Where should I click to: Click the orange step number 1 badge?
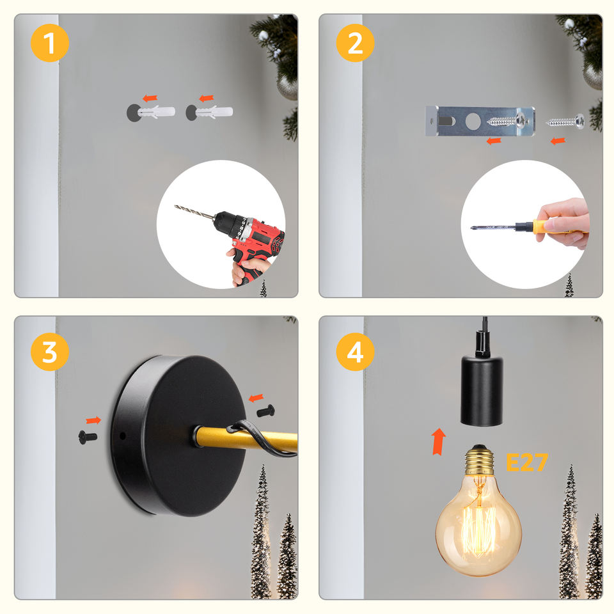[x=50, y=43]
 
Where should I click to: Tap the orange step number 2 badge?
[x=355, y=43]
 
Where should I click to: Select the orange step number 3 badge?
[x=50, y=352]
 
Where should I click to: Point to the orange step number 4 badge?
[x=355, y=352]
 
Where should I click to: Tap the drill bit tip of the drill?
[x=175, y=206]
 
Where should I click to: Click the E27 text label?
[x=526, y=462]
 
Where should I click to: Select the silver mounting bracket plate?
[x=480, y=122]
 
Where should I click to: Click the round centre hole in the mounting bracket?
[x=473, y=122]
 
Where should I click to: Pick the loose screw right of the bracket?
[x=565, y=122]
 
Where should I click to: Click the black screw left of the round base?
[x=88, y=437]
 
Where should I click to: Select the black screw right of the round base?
[x=265, y=411]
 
